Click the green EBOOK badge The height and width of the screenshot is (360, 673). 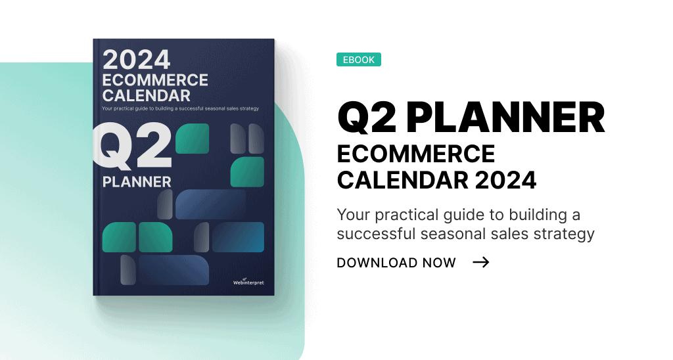(358, 60)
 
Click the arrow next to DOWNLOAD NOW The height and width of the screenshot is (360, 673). (481, 263)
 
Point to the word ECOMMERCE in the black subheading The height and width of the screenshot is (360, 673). (415, 154)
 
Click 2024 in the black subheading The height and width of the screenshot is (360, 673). (506, 179)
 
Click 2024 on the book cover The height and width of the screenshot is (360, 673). (137, 60)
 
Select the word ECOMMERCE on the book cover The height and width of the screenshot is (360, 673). (155, 80)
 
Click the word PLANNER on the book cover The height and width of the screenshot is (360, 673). (137, 181)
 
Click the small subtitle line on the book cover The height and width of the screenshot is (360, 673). (180, 108)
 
